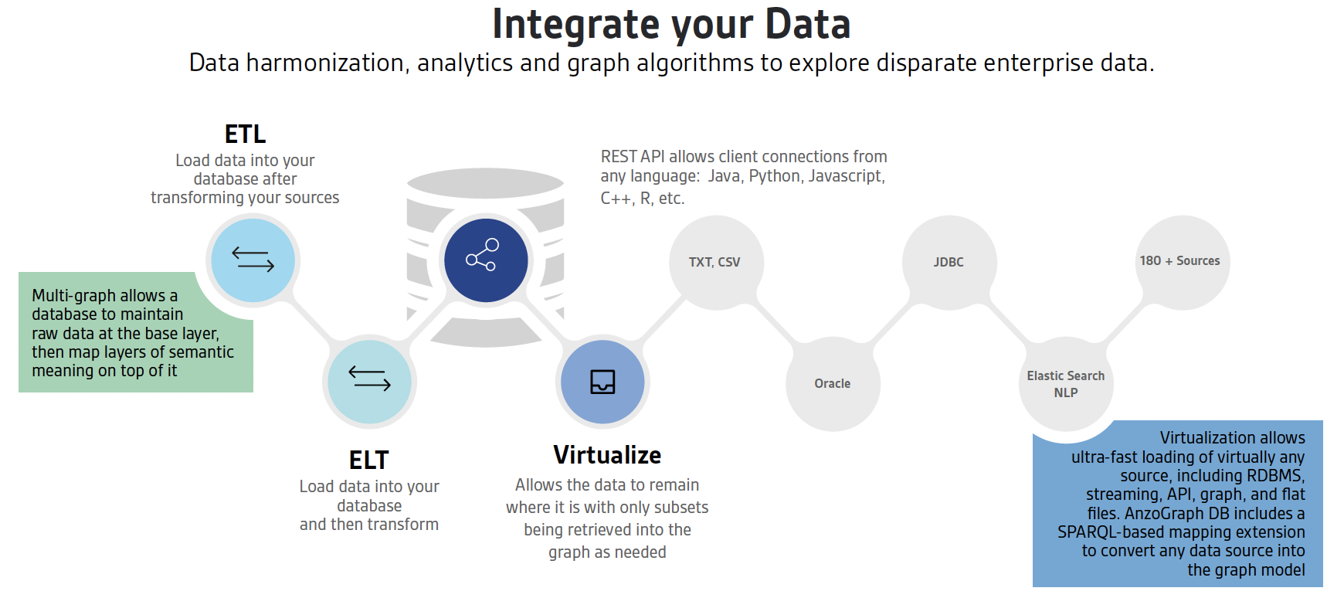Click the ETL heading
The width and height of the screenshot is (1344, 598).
pyautogui.click(x=245, y=134)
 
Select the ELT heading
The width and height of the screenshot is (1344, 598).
pyautogui.click(x=368, y=460)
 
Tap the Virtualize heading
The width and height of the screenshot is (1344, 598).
pyautogui.click(x=607, y=455)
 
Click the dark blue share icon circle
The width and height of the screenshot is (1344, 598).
pyautogui.click(x=486, y=260)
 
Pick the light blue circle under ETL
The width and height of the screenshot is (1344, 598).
pyautogui.click(x=253, y=260)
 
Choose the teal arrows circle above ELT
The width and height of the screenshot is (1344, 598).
pyautogui.click(x=369, y=382)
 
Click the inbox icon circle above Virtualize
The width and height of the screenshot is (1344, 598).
pyautogui.click(x=602, y=382)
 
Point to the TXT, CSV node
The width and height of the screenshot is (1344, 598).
pyautogui.click(x=716, y=263)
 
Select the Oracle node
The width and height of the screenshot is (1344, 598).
pyautogui.click(x=833, y=384)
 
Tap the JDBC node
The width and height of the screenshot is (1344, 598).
pyautogui.click(x=949, y=263)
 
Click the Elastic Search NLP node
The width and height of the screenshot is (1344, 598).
pyautogui.click(x=1066, y=384)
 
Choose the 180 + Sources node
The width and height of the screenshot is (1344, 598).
pyautogui.click(x=1183, y=263)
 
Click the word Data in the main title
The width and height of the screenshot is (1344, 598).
pyautogui.click(x=808, y=24)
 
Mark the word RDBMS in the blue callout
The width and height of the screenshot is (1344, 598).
pyautogui.click(x=1275, y=476)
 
